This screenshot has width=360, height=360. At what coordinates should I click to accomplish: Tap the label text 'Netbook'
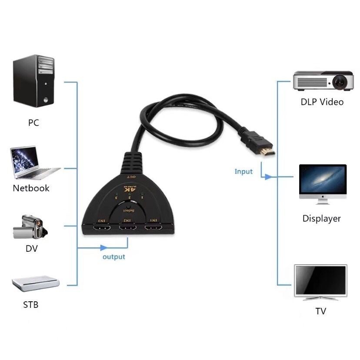tap(31, 188)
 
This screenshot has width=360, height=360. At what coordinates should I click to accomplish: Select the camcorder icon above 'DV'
tap(29, 227)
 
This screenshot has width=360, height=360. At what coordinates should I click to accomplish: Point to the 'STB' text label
tap(30, 305)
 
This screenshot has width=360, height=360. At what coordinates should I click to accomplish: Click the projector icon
tap(322, 80)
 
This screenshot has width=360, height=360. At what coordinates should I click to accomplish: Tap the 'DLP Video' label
tap(322, 102)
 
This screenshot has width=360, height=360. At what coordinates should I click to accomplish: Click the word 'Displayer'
tap(322, 219)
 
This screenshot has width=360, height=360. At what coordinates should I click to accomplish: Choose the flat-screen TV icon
tap(321, 282)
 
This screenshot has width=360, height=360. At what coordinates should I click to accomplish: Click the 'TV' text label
tap(321, 311)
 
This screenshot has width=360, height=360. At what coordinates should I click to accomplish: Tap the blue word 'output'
tap(114, 257)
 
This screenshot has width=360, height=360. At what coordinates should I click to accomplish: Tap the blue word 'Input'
tap(243, 171)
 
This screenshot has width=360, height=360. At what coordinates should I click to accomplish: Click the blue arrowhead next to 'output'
tap(103, 248)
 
